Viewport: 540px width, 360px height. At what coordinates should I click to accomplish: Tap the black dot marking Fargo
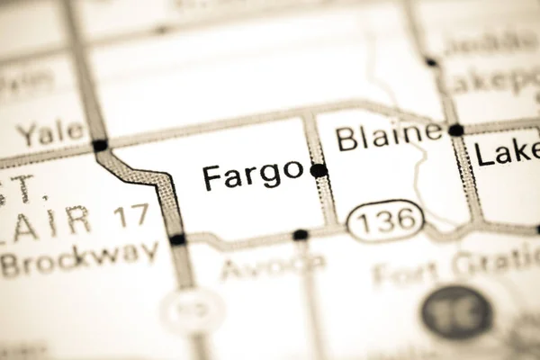pyautogui.click(x=319, y=170)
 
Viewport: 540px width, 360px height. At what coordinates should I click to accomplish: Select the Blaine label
pyautogui.click(x=389, y=138)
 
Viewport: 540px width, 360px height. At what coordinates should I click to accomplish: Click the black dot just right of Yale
pyautogui.click(x=100, y=145)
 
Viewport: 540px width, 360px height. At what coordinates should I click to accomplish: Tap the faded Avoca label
pyautogui.click(x=274, y=265)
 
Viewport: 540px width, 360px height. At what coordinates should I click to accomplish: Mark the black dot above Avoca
pyautogui.click(x=301, y=235)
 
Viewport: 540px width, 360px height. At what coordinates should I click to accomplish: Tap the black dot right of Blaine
pyautogui.click(x=456, y=130)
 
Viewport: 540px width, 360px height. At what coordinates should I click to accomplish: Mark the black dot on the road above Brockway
pyautogui.click(x=177, y=239)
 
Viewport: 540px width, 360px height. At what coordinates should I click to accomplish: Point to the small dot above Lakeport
pyautogui.click(x=431, y=62)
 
